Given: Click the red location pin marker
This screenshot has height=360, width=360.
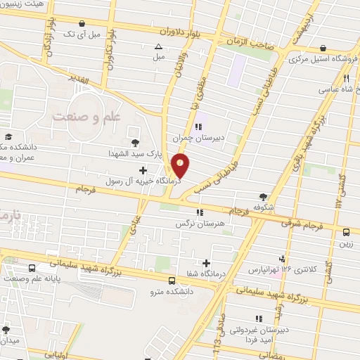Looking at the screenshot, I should pyautogui.click(x=181, y=165).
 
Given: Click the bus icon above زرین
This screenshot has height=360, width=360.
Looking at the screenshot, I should pyautogui.click(x=346, y=232).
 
